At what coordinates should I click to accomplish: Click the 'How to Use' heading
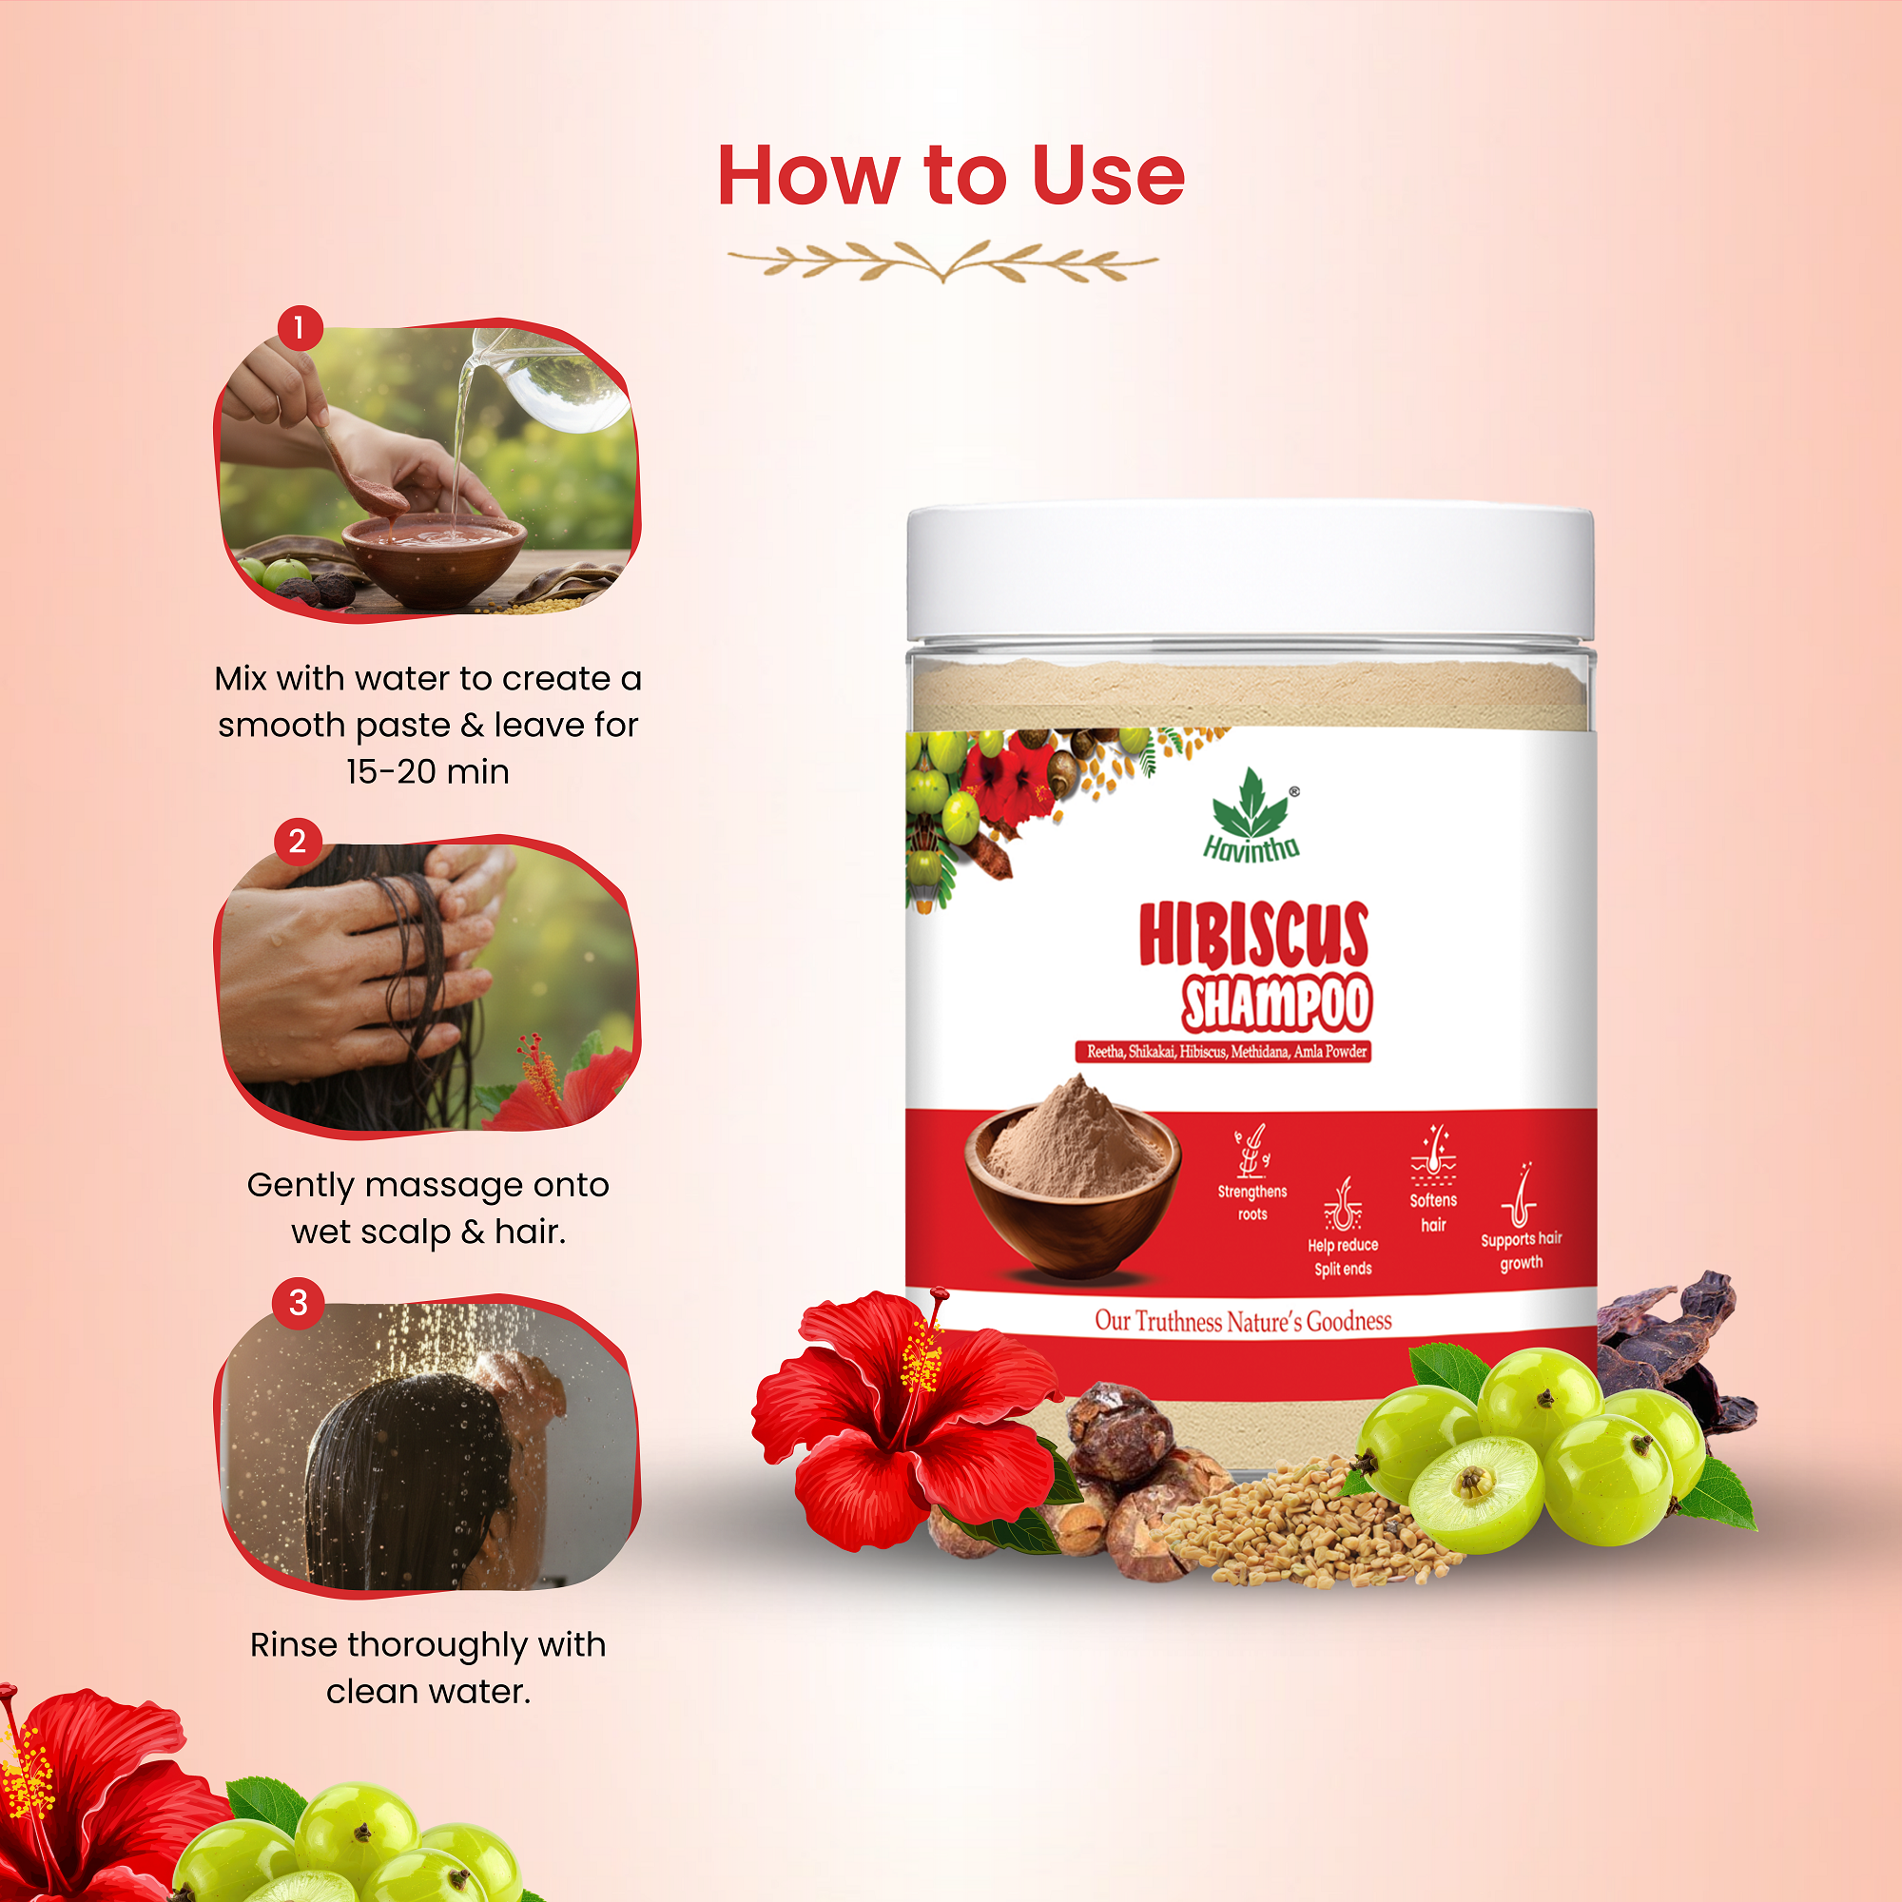(x=951, y=176)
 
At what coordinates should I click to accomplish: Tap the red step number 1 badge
(x=300, y=327)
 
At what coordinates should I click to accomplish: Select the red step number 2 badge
(x=298, y=842)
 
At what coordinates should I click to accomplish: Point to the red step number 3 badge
(x=299, y=1304)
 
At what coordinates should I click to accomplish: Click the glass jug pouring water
(x=552, y=379)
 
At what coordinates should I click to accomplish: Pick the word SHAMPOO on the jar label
(x=1277, y=1005)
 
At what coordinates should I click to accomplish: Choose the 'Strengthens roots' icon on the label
(x=1252, y=1152)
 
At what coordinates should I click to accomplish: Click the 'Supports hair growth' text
(x=1521, y=1251)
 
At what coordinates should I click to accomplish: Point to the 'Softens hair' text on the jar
(x=1433, y=1212)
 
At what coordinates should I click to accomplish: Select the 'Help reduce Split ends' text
(x=1343, y=1257)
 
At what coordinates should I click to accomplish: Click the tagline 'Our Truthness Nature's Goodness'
(x=1243, y=1321)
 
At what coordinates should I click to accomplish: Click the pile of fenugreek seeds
(x=1299, y=1531)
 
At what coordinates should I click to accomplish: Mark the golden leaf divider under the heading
(x=943, y=262)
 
